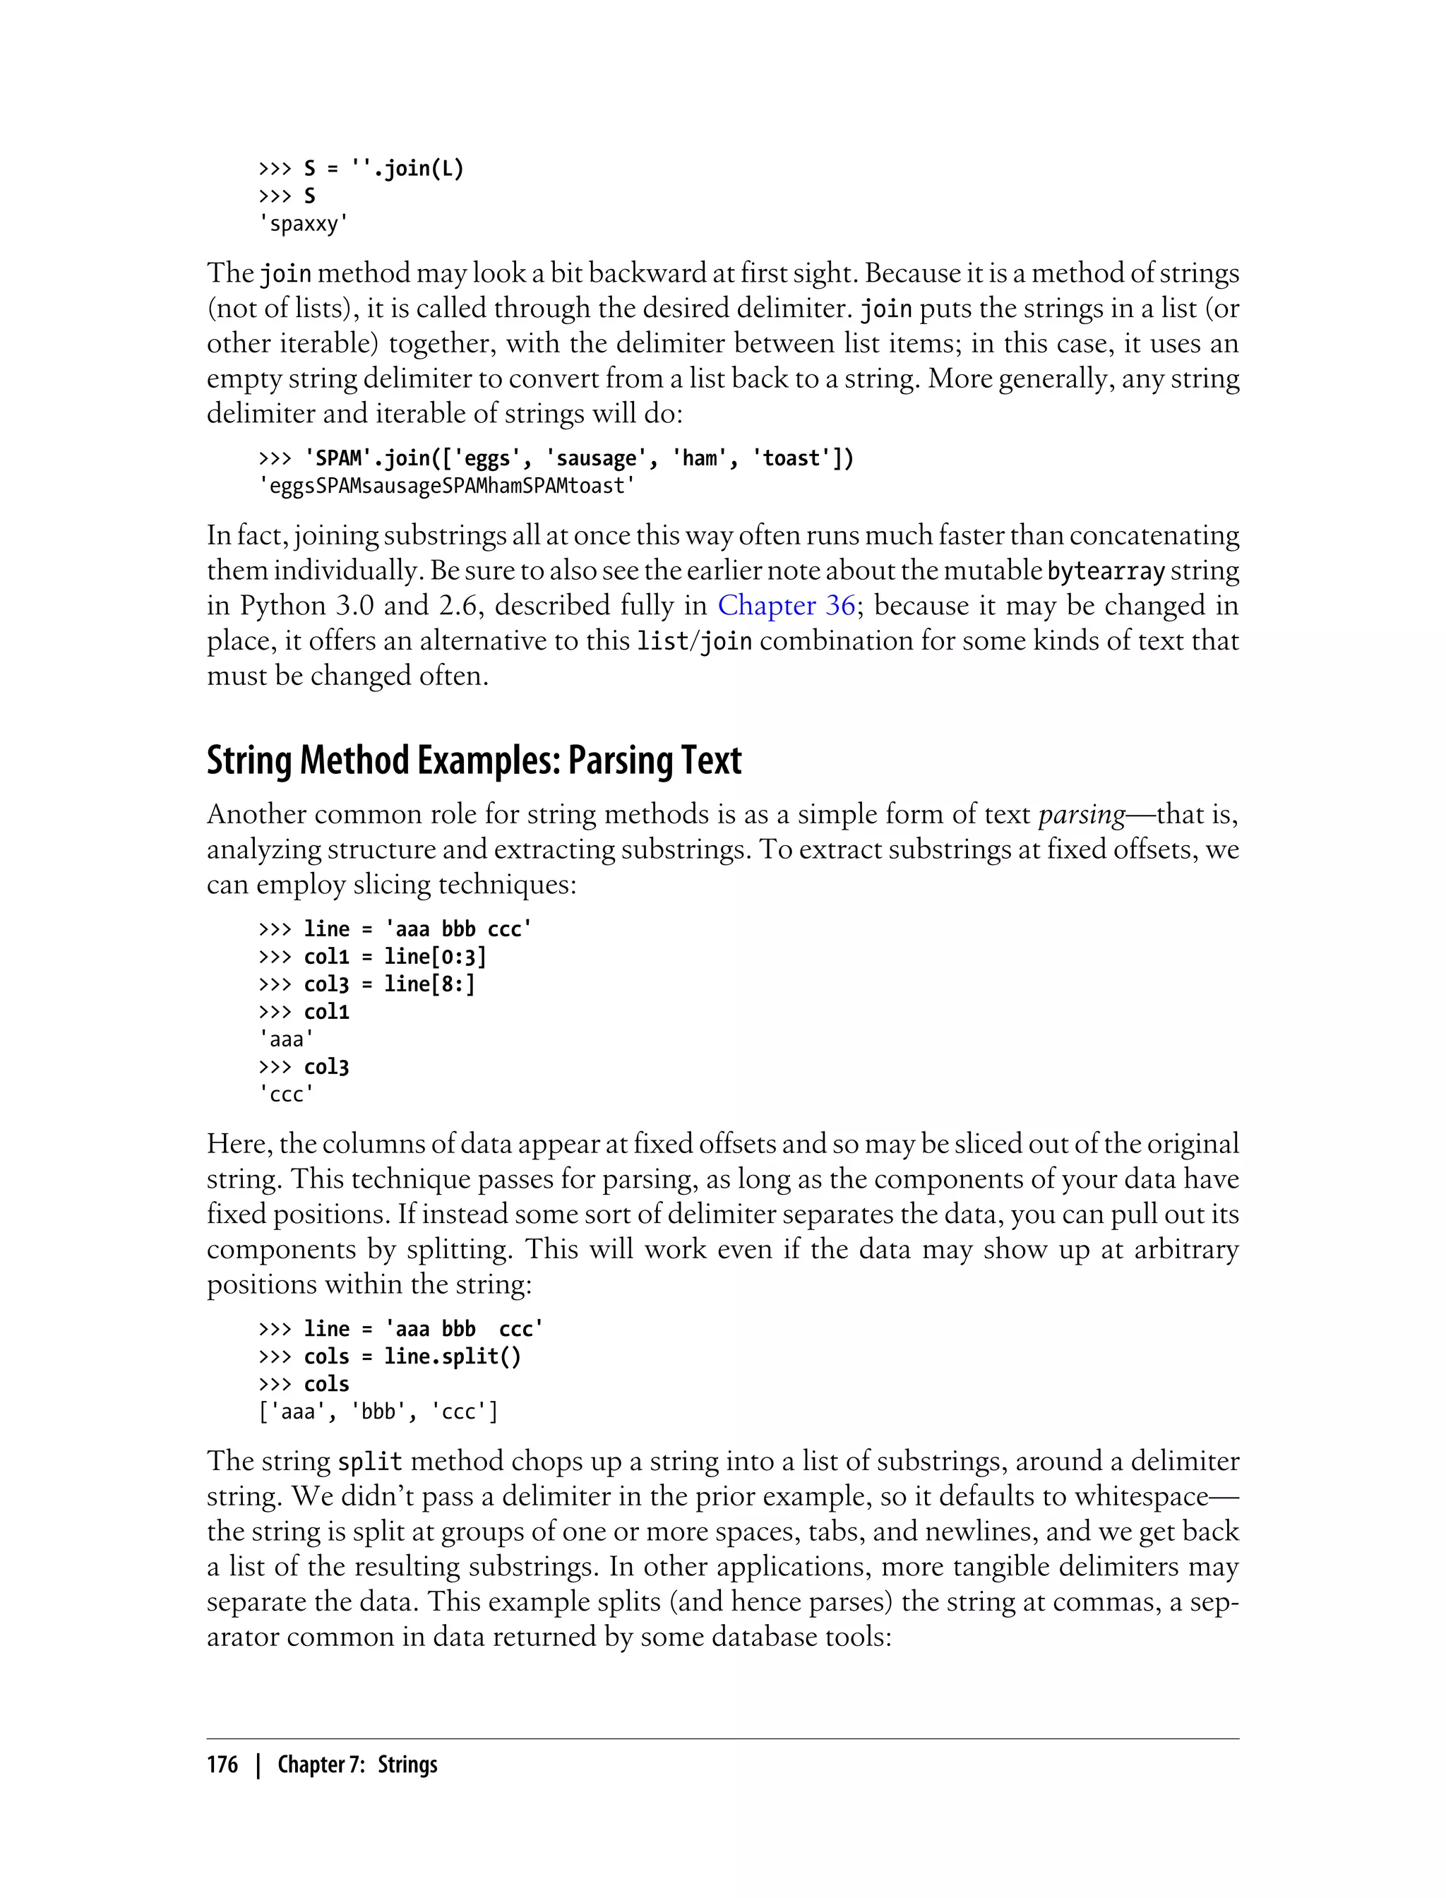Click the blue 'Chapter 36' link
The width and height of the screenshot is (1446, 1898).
[x=786, y=605]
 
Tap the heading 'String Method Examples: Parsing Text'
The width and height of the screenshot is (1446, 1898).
[x=473, y=761]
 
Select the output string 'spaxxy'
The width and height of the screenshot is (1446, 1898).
[x=304, y=224]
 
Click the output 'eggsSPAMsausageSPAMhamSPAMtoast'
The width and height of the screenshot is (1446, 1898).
[x=447, y=487]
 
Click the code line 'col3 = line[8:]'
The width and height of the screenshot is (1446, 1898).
[x=389, y=984]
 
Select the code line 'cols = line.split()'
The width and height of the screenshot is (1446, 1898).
[x=412, y=1356]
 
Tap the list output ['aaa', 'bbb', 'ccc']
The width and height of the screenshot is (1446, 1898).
[x=378, y=1411]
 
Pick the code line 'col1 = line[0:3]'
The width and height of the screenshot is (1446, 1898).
[x=395, y=956]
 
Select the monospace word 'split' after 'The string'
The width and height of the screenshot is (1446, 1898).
[x=370, y=1462]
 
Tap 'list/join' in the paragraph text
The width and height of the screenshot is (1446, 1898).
[x=694, y=641]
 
